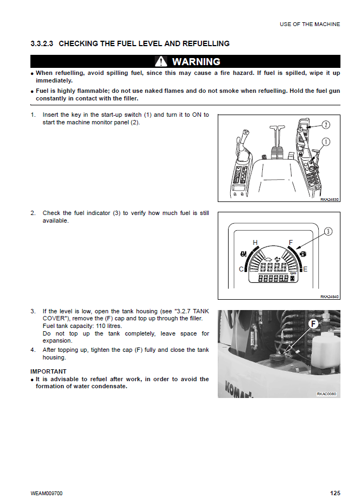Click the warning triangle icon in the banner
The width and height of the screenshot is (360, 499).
click(x=161, y=61)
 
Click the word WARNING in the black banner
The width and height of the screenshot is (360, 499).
click(x=196, y=61)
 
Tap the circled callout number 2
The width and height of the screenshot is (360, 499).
click(x=325, y=125)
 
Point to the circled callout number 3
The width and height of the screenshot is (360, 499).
click(x=327, y=232)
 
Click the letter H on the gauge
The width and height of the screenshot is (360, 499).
click(x=255, y=242)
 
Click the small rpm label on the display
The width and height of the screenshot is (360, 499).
click(x=292, y=273)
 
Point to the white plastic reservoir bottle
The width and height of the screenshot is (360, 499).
click(x=324, y=354)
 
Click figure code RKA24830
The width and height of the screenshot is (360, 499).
click(x=330, y=200)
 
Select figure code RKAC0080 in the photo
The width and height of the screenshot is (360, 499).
click(x=327, y=394)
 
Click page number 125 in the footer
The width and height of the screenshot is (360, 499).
click(x=335, y=493)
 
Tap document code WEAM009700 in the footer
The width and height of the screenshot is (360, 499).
click(x=47, y=493)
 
